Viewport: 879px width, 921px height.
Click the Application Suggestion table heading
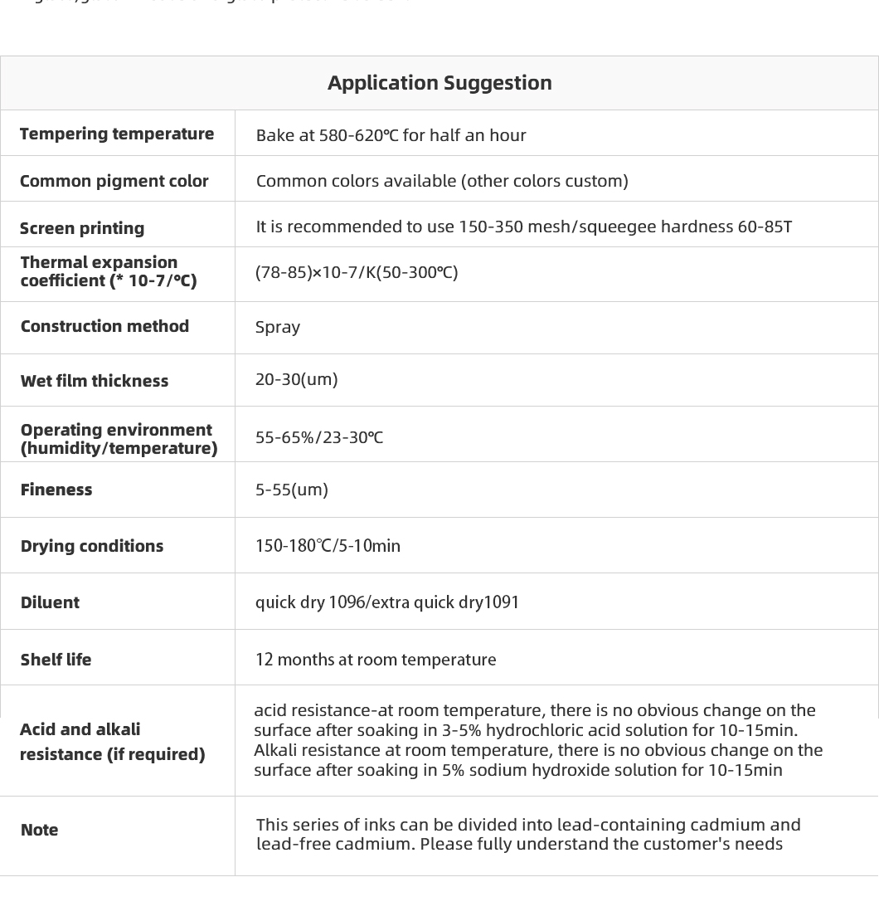click(x=439, y=83)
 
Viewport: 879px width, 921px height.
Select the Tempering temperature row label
click(x=117, y=134)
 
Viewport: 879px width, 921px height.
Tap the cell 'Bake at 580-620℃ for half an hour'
click(x=391, y=135)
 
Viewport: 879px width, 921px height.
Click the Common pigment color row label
click(x=114, y=181)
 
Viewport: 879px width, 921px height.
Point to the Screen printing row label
click(x=82, y=228)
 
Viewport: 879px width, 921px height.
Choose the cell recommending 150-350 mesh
click(x=523, y=227)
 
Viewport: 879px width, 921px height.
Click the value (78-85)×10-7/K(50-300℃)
click(x=357, y=272)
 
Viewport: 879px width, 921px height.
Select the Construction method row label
click(x=104, y=326)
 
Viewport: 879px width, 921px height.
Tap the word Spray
click(x=278, y=327)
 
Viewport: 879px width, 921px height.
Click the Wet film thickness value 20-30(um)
click(x=296, y=379)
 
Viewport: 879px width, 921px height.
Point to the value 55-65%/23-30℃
click(x=319, y=437)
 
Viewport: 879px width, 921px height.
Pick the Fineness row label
click(x=56, y=490)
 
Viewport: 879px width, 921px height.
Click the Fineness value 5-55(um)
click(x=292, y=490)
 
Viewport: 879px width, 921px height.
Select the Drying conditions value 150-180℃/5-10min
click(x=328, y=546)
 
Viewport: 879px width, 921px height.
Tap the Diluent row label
click(x=50, y=602)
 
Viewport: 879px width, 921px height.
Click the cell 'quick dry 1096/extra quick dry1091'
click(x=387, y=602)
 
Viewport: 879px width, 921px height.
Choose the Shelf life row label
click(x=56, y=660)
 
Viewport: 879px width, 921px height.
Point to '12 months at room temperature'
click(x=376, y=660)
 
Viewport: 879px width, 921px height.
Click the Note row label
click(x=39, y=830)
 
